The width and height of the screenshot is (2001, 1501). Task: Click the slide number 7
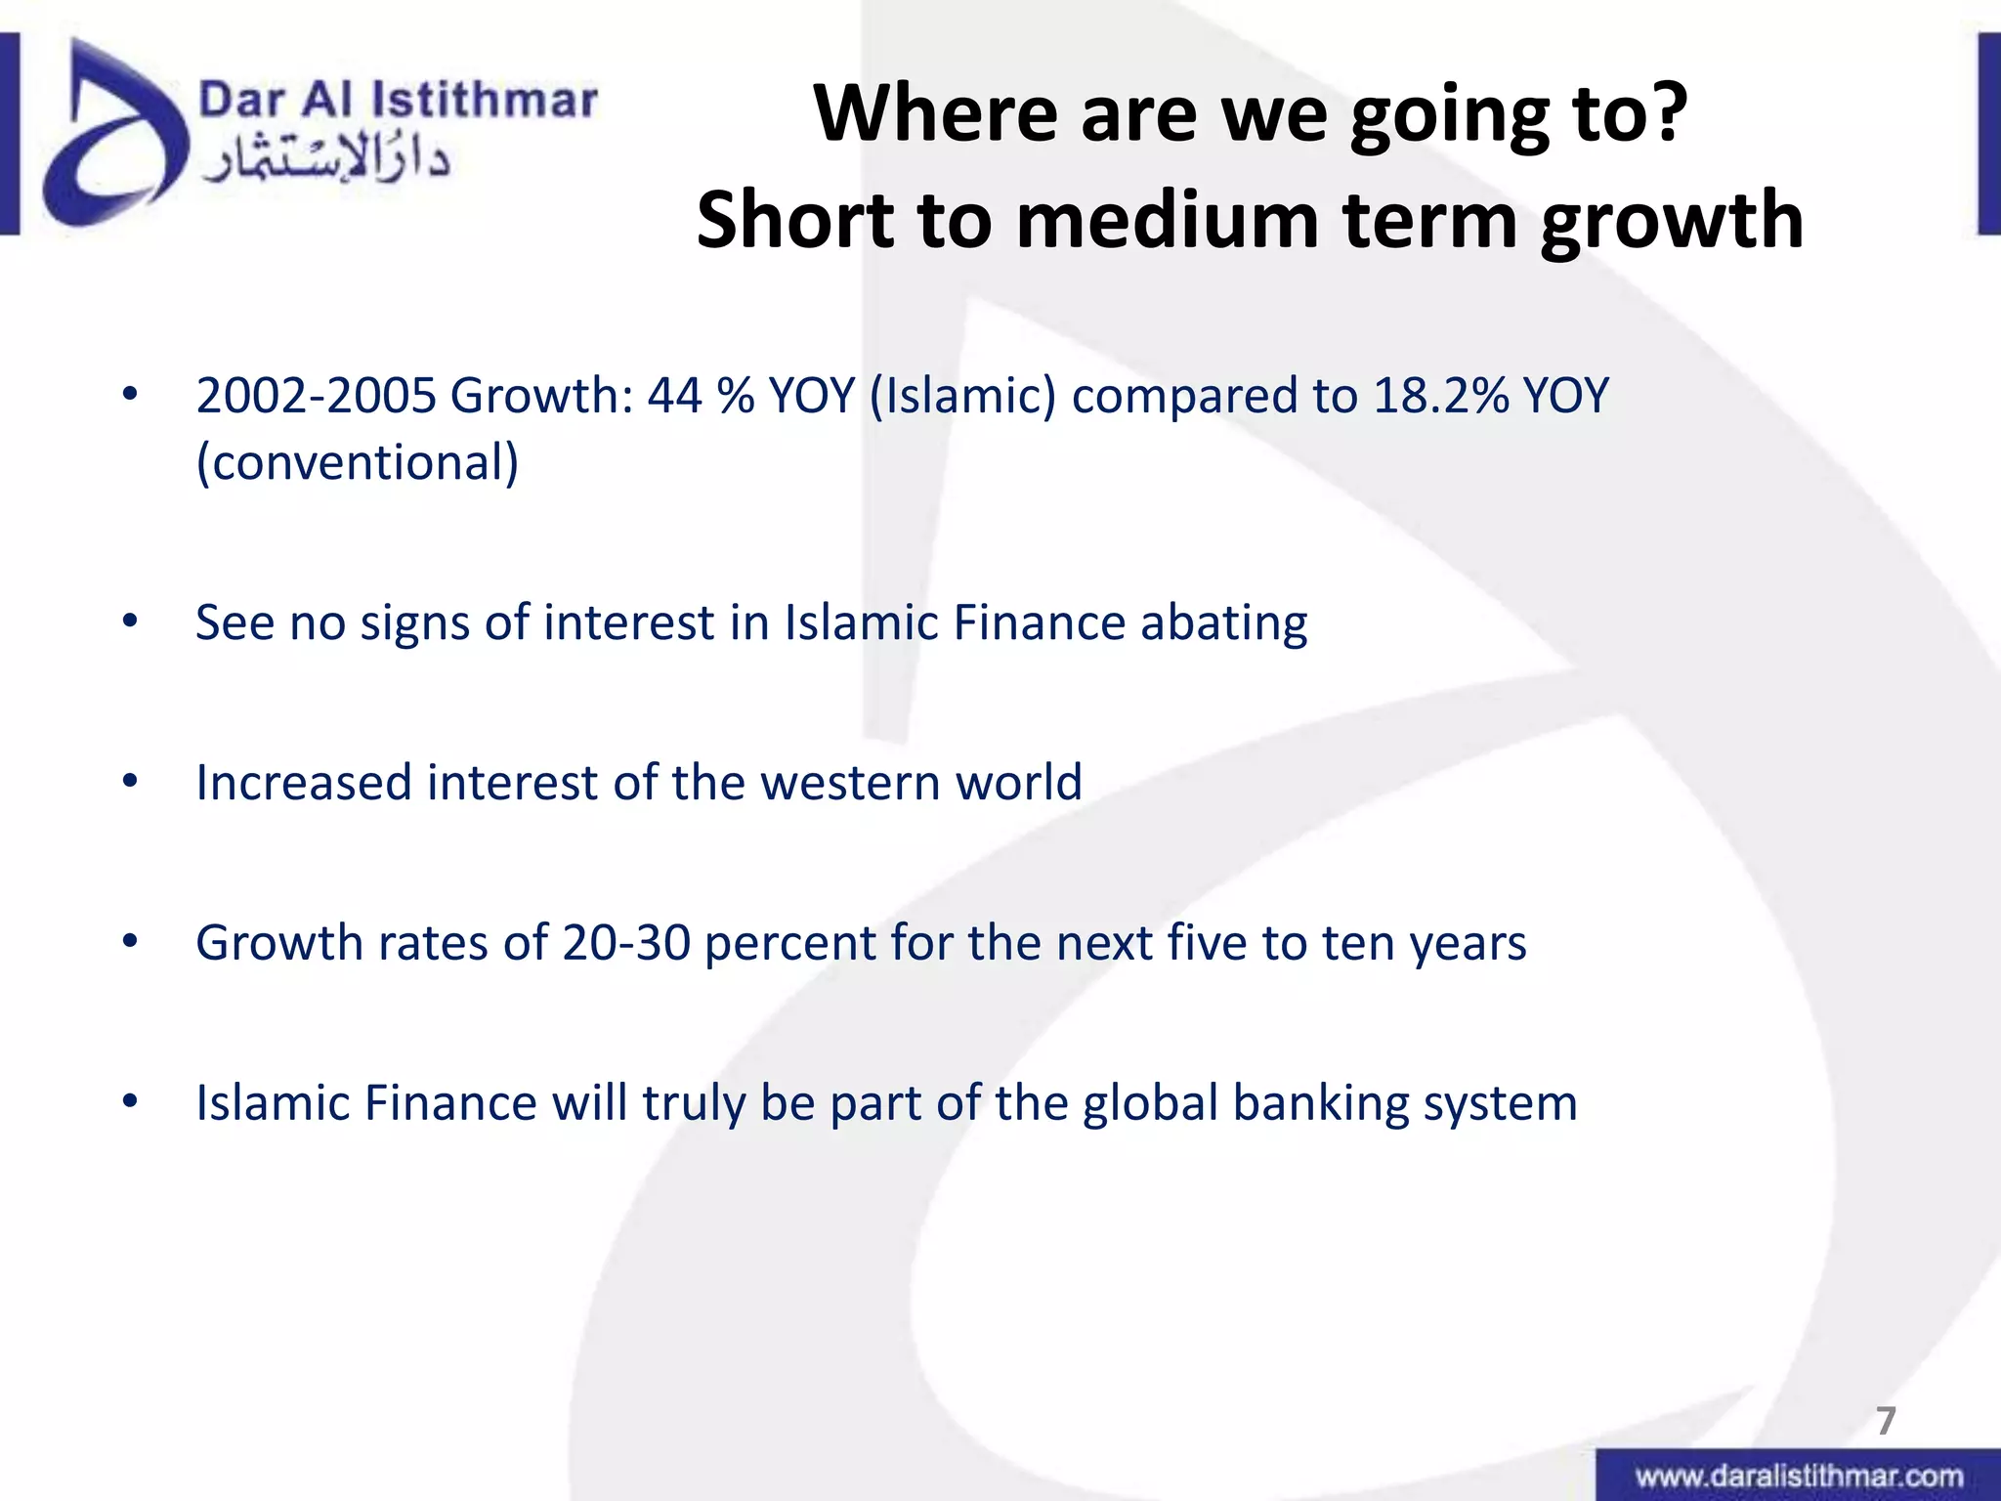(x=1886, y=1420)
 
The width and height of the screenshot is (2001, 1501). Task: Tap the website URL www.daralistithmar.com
(x=1799, y=1476)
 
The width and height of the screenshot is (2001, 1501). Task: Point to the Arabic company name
(x=325, y=161)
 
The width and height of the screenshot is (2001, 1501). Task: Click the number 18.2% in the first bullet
(x=1440, y=396)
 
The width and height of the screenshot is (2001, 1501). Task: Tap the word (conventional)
(x=358, y=462)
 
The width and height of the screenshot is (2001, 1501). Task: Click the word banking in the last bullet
(x=1319, y=1103)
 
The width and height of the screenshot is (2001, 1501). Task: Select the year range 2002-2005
(x=316, y=396)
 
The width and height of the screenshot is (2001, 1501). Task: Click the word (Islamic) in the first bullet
(x=962, y=396)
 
